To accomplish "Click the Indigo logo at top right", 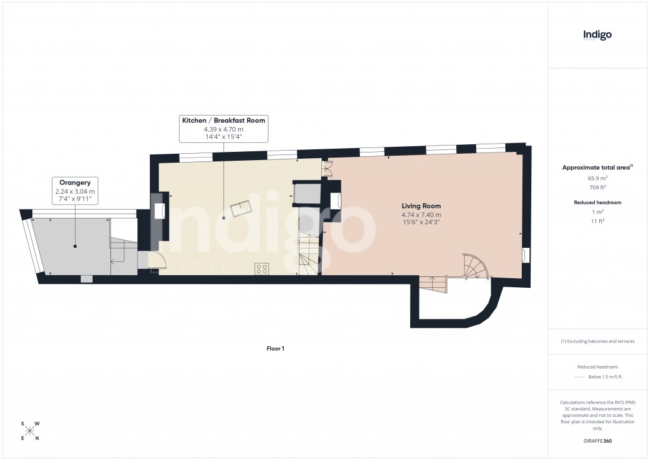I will click(597, 35).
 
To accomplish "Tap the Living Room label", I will click(421, 206).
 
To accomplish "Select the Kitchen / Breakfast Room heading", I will click(223, 120).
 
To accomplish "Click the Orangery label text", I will click(75, 182).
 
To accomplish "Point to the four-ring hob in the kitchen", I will click(261, 268).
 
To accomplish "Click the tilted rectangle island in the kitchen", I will click(241, 207).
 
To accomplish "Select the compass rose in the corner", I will click(30, 431).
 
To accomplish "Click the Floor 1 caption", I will click(275, 348).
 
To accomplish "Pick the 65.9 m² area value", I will click(597, 179).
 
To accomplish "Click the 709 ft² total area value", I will click(597, 187).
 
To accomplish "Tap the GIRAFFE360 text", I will click(597, 440).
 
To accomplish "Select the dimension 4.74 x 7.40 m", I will click(421, 215).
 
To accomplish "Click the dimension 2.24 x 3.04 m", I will click(75, 191).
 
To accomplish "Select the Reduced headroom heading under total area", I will click(597, 202).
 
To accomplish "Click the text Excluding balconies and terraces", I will click(597, 341).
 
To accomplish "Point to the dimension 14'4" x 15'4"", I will click(223, 137).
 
